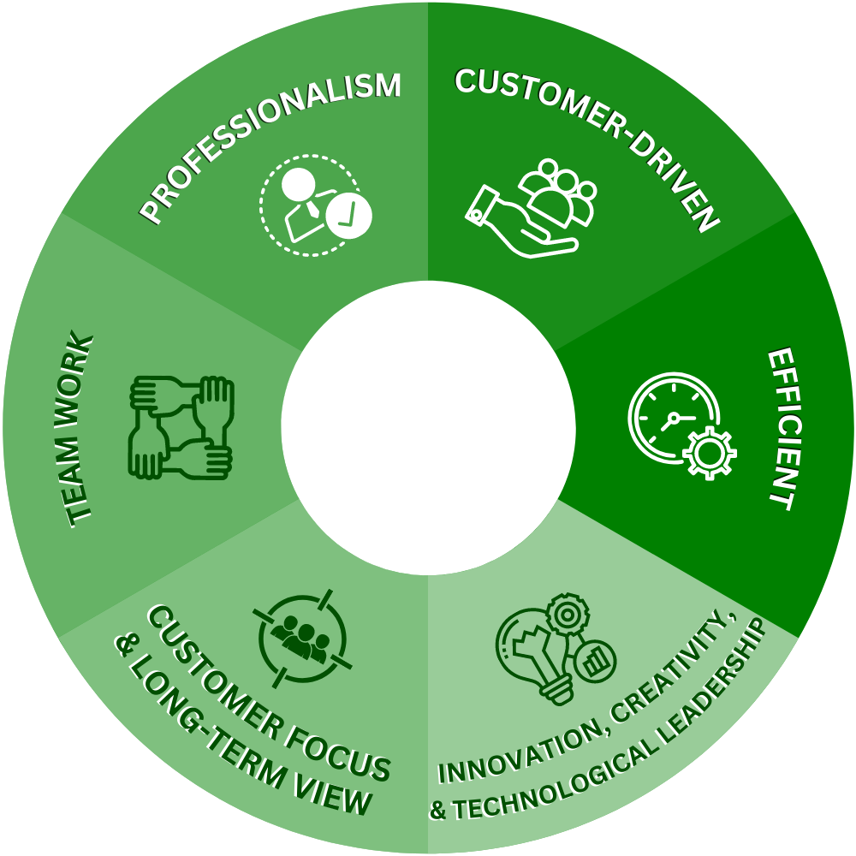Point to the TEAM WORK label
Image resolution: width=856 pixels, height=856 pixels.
pos(78,428)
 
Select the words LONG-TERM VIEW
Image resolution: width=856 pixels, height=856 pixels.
pos(256,745)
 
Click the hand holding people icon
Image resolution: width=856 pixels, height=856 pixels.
pos(531,209)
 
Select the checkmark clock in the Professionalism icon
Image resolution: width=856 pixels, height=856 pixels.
pos(349,215)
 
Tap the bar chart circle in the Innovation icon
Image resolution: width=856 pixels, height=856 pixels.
pos(596,661)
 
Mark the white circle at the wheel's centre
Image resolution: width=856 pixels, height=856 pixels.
pos(428,428)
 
